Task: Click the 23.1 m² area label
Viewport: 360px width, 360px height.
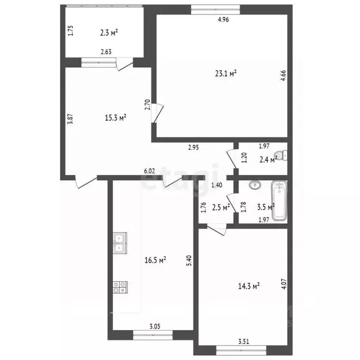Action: click(225, 73)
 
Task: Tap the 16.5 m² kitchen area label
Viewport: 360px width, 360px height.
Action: click(156, 259)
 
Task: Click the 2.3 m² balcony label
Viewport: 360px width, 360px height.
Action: click(108, 32)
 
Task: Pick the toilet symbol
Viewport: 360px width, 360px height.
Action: click(281, 155)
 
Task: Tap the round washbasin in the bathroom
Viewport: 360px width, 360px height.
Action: click(255, 185)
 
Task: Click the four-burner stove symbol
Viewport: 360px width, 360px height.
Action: click(119, 287)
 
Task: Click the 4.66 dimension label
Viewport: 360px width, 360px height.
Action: click(283, 76)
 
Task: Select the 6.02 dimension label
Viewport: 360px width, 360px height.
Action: click(149, 172)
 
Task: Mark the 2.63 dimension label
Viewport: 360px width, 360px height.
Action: click(105, 52)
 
